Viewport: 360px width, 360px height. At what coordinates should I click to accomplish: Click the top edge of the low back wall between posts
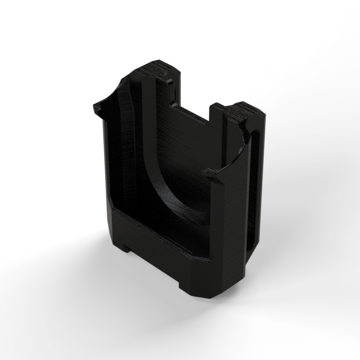[x=192, y=114]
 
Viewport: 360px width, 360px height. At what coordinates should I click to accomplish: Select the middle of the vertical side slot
[x=254, y=190]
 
